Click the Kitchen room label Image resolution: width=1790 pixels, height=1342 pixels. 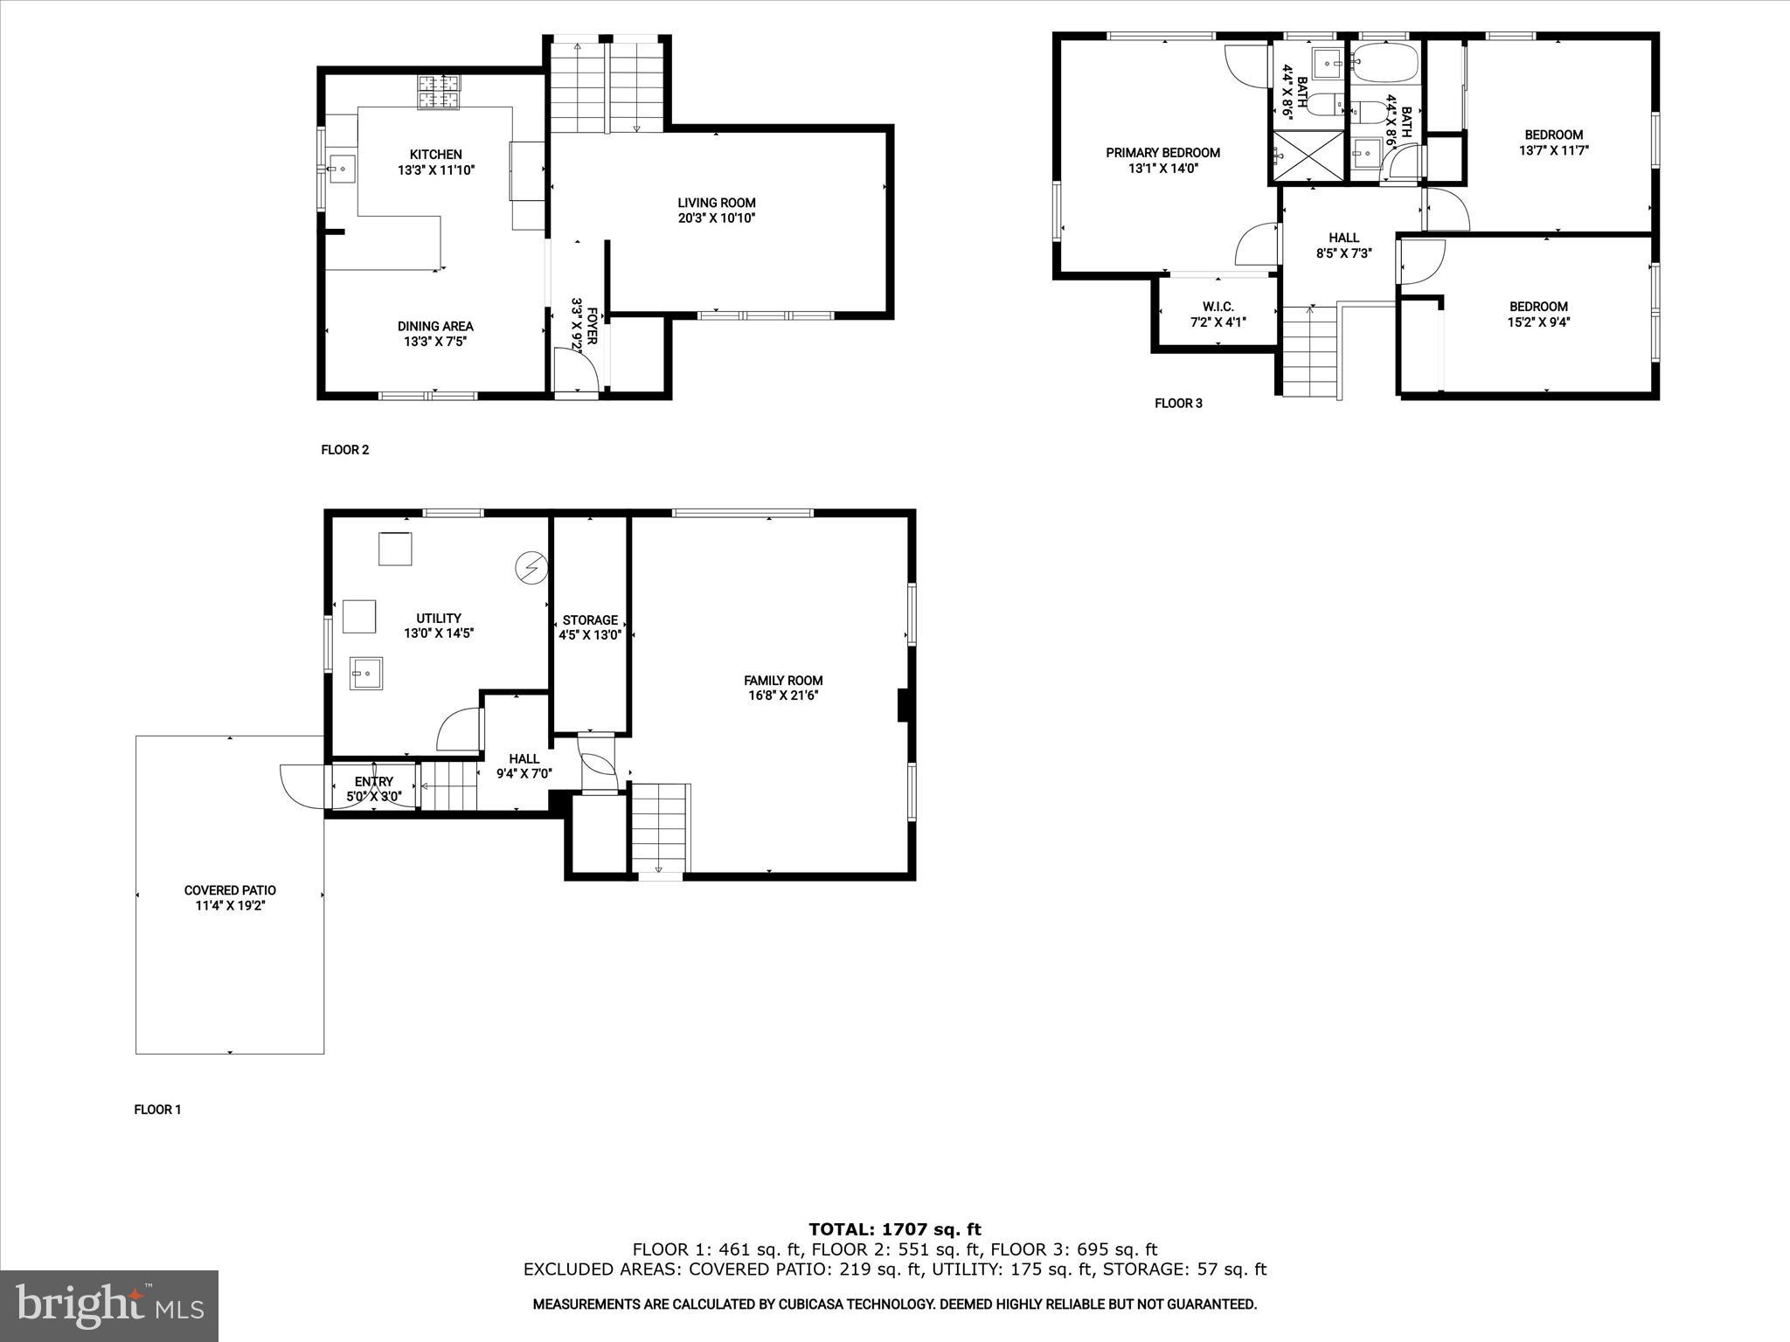(x=435, y=155)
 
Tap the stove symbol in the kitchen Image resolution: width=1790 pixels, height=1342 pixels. (x=439, y=92)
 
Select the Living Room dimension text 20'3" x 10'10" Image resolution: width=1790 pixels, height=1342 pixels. (x=716, y=218)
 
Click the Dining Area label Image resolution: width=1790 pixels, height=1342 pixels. (x=435, y=327)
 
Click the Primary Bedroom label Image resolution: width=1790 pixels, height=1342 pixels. (x=1162, y=153)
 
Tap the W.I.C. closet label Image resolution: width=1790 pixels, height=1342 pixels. (x=1218, y=307)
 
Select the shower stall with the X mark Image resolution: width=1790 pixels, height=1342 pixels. (x=1308, y=157)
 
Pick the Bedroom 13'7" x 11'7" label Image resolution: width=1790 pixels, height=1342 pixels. (x=1553, y=135)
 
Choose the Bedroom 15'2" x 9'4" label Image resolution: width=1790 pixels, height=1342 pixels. (x=1538, y=307)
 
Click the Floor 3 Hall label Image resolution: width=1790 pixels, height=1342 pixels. (x=1343, y=238)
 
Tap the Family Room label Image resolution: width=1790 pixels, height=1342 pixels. (x=783, y=681)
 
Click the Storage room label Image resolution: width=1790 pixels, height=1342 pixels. (x=590, y=620)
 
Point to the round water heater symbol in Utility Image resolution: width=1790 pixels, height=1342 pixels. (x=530, y=568)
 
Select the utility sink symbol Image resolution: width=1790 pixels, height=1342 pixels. (x=366, y=673)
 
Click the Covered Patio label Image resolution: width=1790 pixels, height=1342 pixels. (x=230, y=890)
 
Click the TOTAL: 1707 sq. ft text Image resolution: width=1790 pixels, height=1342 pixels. (x=895, y=1230)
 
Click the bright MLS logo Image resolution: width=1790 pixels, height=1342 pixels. (x=109, y=1305)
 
